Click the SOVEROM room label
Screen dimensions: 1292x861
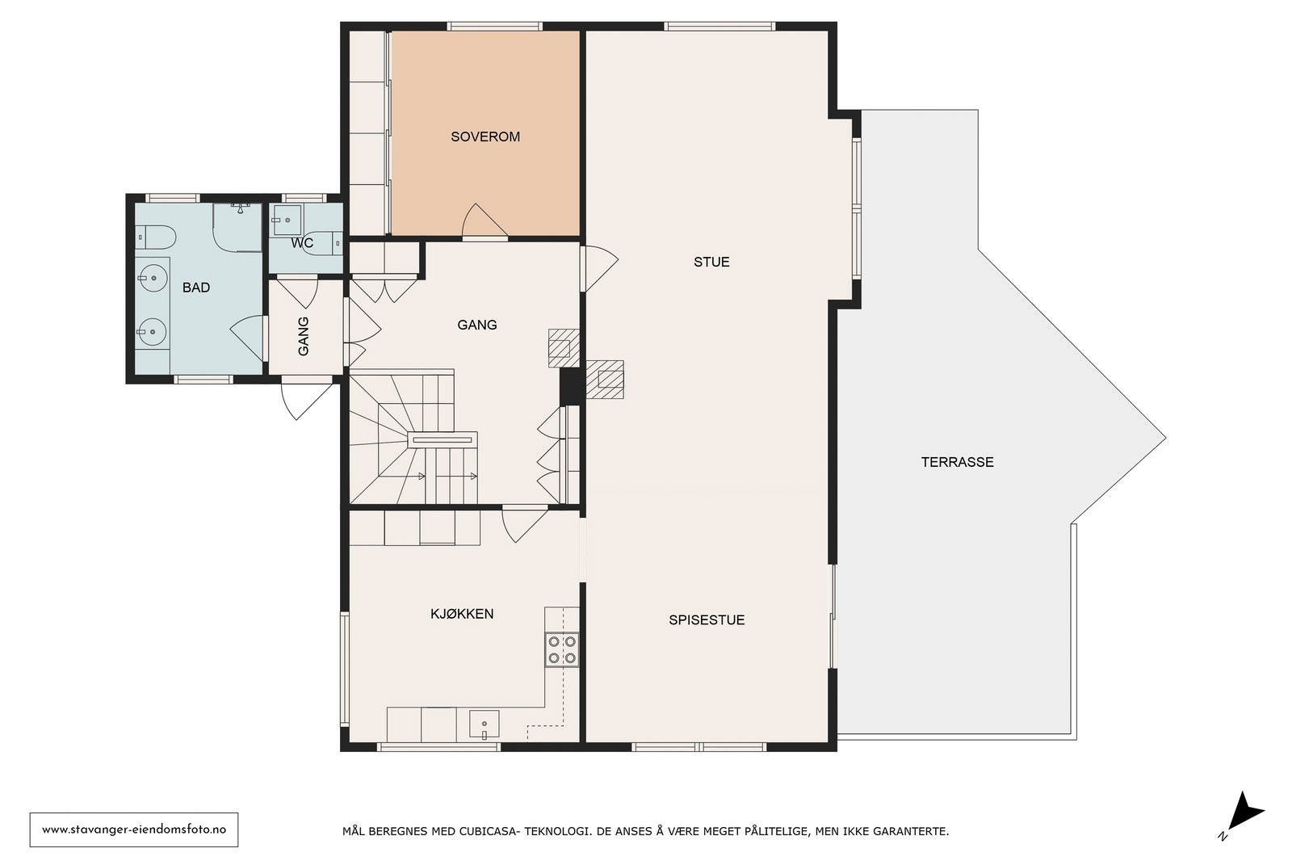(x=485, y=136)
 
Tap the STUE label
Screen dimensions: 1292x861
(x=711, y=262)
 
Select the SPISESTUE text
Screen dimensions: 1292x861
(x=707, y=619)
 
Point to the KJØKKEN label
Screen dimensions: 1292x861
(x=462, y=614)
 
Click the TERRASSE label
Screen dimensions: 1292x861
(x=957, y=462)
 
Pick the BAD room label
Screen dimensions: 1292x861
(x=196, y=288)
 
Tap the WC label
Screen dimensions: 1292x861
(x=302, y=243)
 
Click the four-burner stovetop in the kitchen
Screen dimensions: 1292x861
(x=562, y=649)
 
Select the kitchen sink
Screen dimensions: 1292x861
(x=484, y=724)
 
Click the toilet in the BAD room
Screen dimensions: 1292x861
(x=155, y=237)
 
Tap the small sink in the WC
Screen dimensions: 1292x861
(x=287, y=220)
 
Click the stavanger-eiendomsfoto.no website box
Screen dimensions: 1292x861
(x=134, y=829)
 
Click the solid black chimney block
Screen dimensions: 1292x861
(x=570, y=386)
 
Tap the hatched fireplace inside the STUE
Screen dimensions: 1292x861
(x=605, y=379)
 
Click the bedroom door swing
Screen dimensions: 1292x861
(x=484, y=220)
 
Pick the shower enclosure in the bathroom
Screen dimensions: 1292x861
(x=237, y=227)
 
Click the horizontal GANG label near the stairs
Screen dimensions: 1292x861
(x=477, y=325)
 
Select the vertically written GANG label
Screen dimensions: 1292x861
(x=303, y=336)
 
